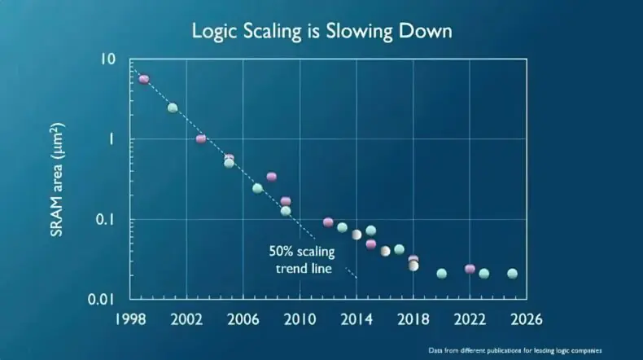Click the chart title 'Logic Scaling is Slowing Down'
point(322,31)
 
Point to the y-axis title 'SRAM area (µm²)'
point(57,179)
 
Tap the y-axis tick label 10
point(108,59)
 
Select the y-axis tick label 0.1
point(105,220)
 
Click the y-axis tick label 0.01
point(101,300)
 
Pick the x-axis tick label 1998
point(130,319)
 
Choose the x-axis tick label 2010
point(300,319)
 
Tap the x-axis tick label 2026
point(526,319)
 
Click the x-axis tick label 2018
point(413,319)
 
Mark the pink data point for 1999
point(144,79)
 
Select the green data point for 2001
point(173,108)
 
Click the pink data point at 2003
point(201,138)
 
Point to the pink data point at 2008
point(272,177)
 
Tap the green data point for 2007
point(257,188)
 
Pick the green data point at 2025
point(512,274)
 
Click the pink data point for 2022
point(470,269)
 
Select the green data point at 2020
point(442,274)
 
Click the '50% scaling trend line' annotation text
point(302,260)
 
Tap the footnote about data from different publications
point(515,350)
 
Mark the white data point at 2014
point(356,235)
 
